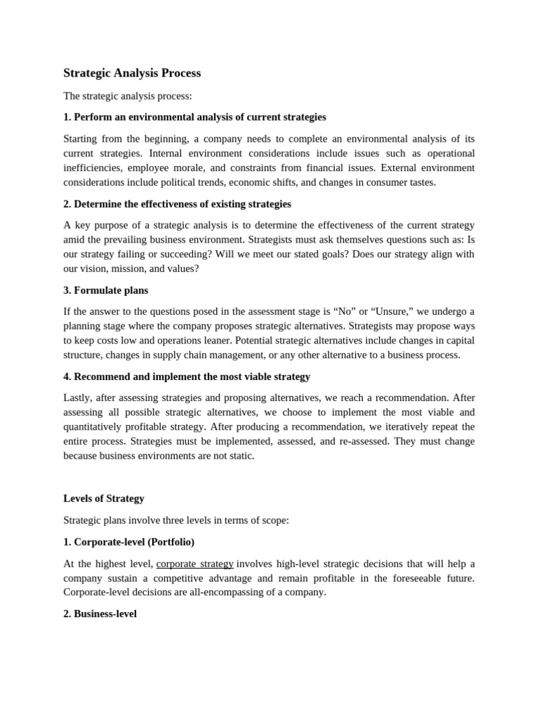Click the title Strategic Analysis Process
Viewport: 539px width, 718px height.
tap(132, 73)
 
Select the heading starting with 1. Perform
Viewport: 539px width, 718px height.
tap(194, 117)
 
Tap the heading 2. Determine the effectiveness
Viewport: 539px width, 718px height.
tap(177, 204)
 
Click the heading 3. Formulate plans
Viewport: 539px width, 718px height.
tap(105, 290)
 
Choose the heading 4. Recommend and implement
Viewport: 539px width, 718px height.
tap(187, 377)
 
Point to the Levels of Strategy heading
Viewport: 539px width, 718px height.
tap(104, 499)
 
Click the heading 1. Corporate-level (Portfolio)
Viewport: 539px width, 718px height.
tap(129, 542)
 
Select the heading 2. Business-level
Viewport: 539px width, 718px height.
tap(100, 614)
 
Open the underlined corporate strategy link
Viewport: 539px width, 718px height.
tap(194, 564)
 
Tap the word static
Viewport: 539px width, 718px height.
tap(239, 456)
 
